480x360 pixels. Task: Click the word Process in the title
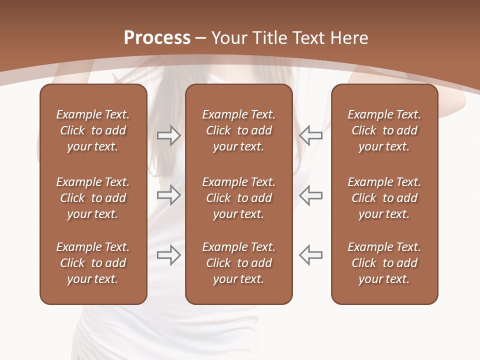(x=157, y=38)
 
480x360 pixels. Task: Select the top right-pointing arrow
(x=169, y=135)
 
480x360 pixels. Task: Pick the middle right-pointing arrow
(x=169, y=195)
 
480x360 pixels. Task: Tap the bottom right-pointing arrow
(x=169, y=255)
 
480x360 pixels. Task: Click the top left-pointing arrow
(x=310, y=135)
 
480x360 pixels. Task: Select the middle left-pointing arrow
(x=310, y=195)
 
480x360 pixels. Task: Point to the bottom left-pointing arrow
(x=310, y=255)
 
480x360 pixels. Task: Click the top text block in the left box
(x=93, y=130)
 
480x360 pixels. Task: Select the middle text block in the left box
(x=93, y=198)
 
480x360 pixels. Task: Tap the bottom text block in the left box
(x=93, y=263)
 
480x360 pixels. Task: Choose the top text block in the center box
(x=238, y=130)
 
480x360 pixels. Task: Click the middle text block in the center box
(x=238, y=198)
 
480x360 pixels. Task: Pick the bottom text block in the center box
(x=238, y=263)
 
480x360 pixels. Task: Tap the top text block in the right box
(x=384, y=130)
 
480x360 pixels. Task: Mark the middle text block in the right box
(x=384, y=198)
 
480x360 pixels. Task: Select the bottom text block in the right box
(x=384, y=263)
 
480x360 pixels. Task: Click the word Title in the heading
(x=269, y=38)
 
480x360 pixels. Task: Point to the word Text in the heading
(x=309, y=38)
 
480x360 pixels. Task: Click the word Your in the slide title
(x=229, y=38)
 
